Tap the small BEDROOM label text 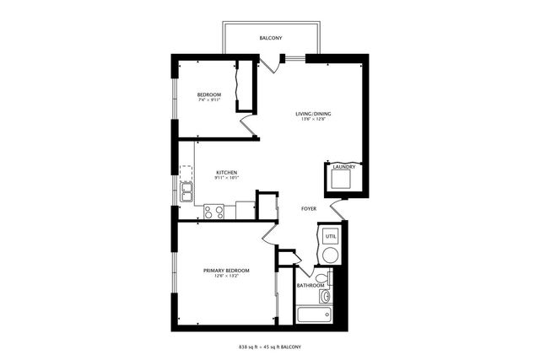[x=209, y=94]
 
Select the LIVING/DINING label [x=313, y=114]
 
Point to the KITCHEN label [x=226, y=171]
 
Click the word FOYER [x=310, y=208]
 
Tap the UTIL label [x=331, y=237]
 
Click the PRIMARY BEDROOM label [x=226, y=271]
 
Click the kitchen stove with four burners [x=213, y=211]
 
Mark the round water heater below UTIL [x=331, y=255]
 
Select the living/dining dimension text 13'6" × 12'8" [x=313, y=120]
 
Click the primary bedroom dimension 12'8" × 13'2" [x=226, y=277]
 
